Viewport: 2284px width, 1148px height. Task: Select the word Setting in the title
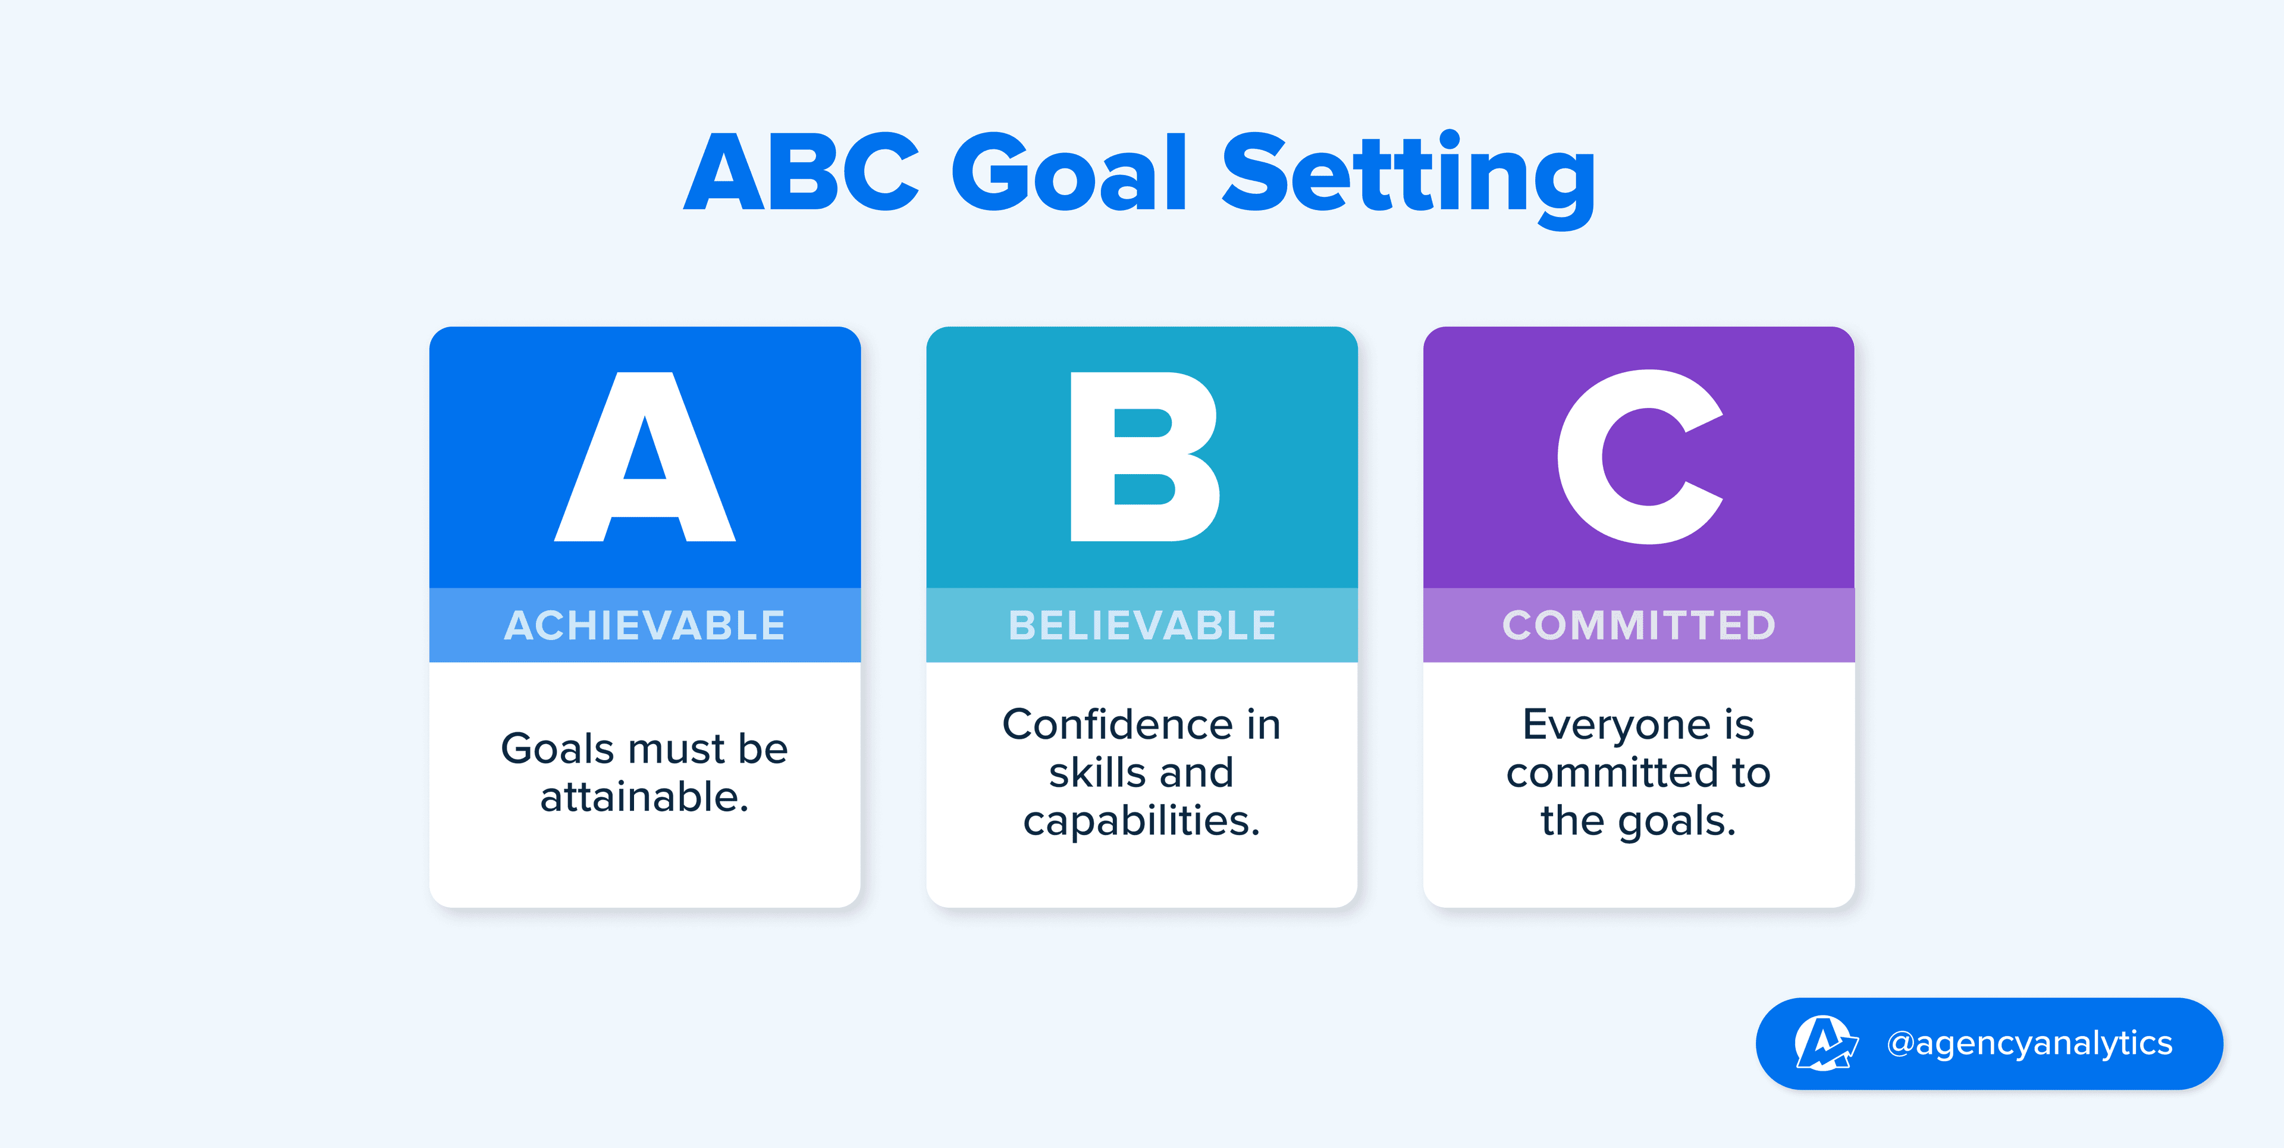pyautogui.click(x=1410, y=177)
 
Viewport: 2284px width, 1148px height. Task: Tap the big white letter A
pyautogui.click(x=645, y=457)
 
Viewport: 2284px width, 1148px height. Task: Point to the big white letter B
pyautogui.click(x=1144, y=457)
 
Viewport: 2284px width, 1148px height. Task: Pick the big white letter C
pyautogui.click(x=1640, y=457)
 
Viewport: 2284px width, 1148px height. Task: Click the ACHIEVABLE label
pyautogui.click(x=645, y=625)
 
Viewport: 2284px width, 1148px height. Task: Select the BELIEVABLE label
pyautogui.click(x=1142, y=625)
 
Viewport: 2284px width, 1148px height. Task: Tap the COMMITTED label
pyautogui.click(x=1639, y=625)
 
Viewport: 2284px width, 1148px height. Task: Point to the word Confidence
pyautogui.click(x=1119, y=724)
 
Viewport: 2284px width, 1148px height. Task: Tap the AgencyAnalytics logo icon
pyautogui.click(x=1825, y=1043)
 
